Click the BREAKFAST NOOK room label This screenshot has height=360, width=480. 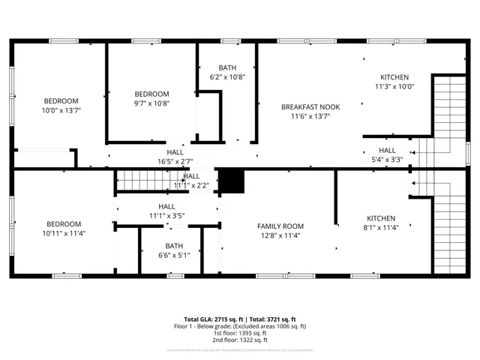310,107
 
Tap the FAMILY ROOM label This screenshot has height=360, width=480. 280,226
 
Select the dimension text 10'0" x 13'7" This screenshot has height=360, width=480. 61,110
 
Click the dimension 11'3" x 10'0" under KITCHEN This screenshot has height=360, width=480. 394,86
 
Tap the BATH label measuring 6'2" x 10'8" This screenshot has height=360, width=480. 227,67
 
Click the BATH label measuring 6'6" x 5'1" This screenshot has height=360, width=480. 174,245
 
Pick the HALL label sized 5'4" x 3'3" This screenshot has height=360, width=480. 387,150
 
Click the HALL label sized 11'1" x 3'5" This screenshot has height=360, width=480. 166,206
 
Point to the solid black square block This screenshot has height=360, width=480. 232,181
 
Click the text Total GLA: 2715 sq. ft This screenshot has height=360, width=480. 214,319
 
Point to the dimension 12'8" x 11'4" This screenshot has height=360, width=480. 280,235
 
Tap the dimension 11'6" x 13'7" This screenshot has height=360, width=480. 310,116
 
